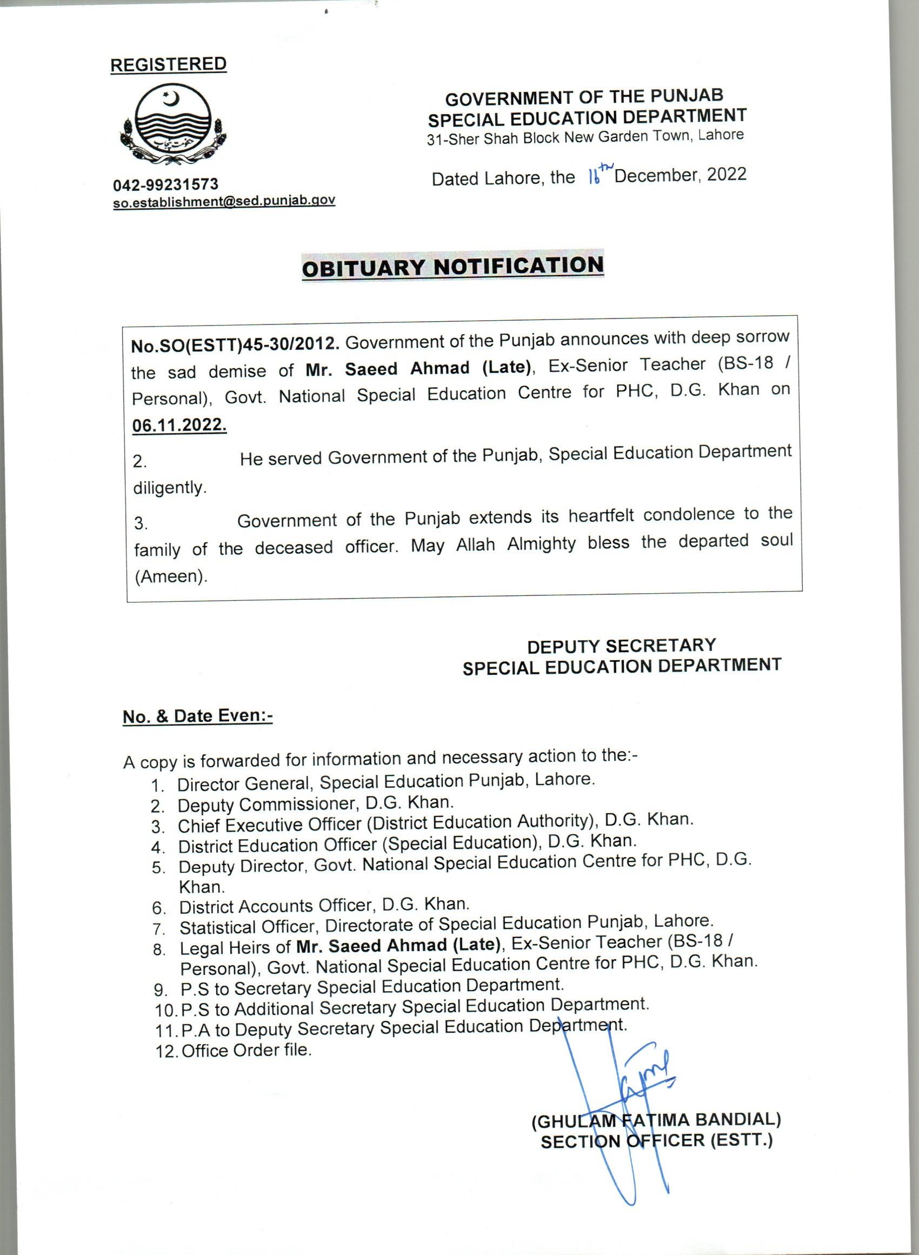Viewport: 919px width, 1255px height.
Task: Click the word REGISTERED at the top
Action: click(168, 64)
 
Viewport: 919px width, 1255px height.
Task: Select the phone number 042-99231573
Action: click(166, 184)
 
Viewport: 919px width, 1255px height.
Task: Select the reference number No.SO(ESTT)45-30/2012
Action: click(235, 345)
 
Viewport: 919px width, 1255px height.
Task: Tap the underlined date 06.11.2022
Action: click(179, 425)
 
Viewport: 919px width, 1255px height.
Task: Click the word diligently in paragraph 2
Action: click(170, 487)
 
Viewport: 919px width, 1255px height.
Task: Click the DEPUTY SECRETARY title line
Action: click(621, 646)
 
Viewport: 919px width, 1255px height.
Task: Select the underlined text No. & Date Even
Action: click(197, 716)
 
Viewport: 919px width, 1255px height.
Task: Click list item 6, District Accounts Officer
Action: click(324, 906)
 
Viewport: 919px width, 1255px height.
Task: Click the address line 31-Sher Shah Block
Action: click(585, 137)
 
